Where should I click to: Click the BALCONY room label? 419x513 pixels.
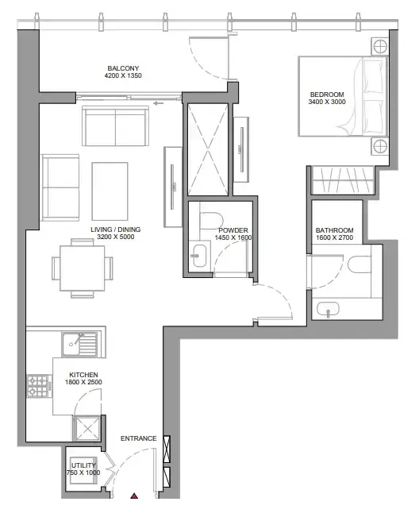click(x=123, y=68)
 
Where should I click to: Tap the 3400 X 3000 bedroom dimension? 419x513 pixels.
click(x=327, y=102)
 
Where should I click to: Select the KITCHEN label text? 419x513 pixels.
click(x=83, y=375)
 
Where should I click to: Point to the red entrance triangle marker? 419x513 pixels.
click(x=134, y=496)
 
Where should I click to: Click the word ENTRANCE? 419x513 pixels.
click(x=139, y=438)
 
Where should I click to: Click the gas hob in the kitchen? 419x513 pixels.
click(x=39, y=386)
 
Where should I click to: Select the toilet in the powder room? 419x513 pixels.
click(x=211, y=220)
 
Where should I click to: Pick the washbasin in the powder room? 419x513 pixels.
click(x=199, y=255)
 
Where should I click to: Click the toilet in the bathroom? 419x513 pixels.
click(x=359, y=264)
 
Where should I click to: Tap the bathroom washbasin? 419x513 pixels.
click(x=328, y=309)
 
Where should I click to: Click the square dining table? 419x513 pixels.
click(x=82, y=268)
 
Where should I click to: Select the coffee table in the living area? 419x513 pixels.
click(x=110, y=191)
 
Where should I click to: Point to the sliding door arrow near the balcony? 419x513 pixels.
click(x=159, y=103)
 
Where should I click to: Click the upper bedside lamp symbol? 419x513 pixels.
click(x=380, y=46)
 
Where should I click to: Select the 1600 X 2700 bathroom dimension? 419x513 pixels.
click(x=334, y=238)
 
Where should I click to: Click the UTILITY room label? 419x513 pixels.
click(x=83, y=465)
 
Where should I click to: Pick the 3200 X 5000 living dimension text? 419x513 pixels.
click(x=116, y=237)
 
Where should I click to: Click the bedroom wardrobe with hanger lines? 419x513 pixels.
click(x=343, y=180)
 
